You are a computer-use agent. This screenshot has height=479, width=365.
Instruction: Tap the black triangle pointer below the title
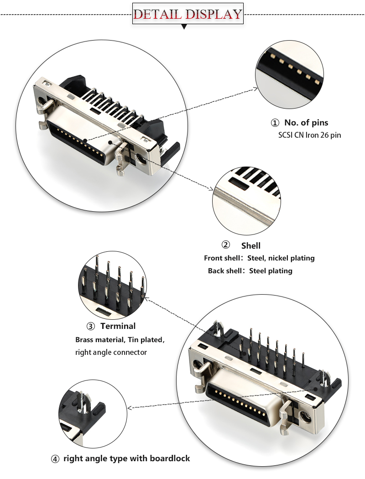pyautogui.click(x=184, y=27)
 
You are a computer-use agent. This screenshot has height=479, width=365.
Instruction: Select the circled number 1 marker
pyautogui.click(x=275, y=123)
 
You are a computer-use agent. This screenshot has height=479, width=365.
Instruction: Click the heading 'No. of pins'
pyautogui.click(x=306, y=123)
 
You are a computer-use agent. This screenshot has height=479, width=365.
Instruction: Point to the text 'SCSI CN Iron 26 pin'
pyautogui.click(x=310, y=135)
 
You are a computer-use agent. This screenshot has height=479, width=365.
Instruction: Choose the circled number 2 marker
pyautogui.click(x=225, y=245)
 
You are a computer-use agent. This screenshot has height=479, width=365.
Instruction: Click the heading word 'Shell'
pyautogui.click(x=251, y=245)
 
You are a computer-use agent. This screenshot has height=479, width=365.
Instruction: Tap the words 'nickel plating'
pyautogui.click(x=292, y=258)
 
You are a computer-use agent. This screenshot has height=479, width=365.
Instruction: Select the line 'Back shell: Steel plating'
pyautogui.click(x=250, y=271)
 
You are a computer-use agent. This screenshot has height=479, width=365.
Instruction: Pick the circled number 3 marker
pyautogui.click(x=90, y=326)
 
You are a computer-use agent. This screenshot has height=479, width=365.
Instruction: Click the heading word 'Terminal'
pyautogui.click(x=118, y=326)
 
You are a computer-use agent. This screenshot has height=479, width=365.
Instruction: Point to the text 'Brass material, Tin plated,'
pyautogui.click(x=120, y=340)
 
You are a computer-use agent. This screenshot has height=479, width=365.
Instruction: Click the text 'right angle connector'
pyautogui.click(x=111, y=352)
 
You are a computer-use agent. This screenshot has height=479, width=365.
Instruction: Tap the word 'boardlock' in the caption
pyautogui.click(x=169, y=458)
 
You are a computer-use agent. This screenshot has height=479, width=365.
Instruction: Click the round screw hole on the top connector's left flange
pyautogui.click(x=42, y=101)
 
